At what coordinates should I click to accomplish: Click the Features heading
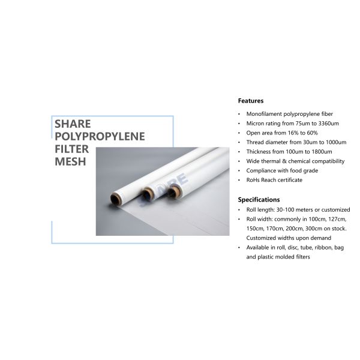click(250, 101)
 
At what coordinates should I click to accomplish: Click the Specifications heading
click(259, 199)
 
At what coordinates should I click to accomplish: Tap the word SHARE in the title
click(73, 124)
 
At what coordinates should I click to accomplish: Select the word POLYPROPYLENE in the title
click(100, 136)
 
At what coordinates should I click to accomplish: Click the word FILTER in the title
click(70, 149)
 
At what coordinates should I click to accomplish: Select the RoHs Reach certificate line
click(274, 180)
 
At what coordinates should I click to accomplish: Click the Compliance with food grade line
click(281, 170)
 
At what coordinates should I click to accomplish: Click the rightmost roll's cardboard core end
click(174, 191)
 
